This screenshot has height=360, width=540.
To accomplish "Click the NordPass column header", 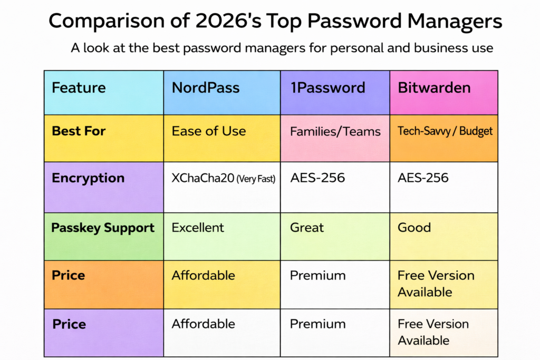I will point(206,87).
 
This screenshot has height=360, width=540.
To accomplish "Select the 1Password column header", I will point(327,87).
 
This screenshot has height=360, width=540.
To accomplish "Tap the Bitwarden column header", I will point(434,87).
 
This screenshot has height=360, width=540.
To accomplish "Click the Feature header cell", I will point(79,87).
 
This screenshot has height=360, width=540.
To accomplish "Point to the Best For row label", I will point(79,131).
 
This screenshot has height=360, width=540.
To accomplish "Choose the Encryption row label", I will point(88,178).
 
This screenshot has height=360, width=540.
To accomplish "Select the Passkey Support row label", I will point(103,228).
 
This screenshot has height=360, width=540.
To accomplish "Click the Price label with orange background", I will point(69,275).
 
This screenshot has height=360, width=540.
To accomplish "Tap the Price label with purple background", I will point(69,324).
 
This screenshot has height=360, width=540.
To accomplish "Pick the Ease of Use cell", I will point(209,131).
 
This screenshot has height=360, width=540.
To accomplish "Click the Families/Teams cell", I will point(335,131).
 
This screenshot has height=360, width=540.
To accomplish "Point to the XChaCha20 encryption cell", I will point(224,178).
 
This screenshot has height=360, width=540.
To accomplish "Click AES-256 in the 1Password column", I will point(317,178).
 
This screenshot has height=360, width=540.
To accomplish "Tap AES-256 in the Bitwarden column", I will point(423,178).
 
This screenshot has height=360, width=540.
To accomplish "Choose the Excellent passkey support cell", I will point(198,228).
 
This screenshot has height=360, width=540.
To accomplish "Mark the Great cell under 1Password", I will point(307,228).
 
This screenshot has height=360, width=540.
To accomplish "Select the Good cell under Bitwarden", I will point(414,228).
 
